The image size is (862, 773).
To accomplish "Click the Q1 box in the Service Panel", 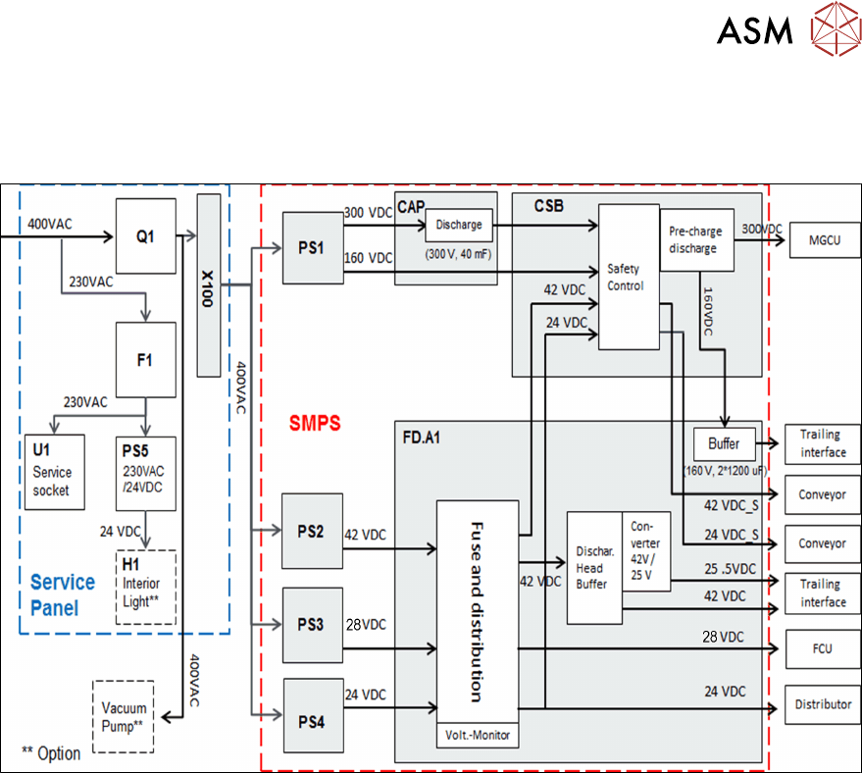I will (144, 236).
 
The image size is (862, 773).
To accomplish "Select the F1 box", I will (144, 360).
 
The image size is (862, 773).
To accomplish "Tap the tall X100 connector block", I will (209, 285).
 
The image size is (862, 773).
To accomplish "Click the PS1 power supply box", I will (311, 247).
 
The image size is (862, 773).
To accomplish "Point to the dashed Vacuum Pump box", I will (125, 716).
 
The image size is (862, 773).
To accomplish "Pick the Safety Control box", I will (626, 276).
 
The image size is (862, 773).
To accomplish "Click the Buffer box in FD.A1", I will (724, 443).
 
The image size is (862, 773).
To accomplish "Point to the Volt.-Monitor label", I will (477, 735).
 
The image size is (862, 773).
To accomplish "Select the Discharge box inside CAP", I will (459, 226).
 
